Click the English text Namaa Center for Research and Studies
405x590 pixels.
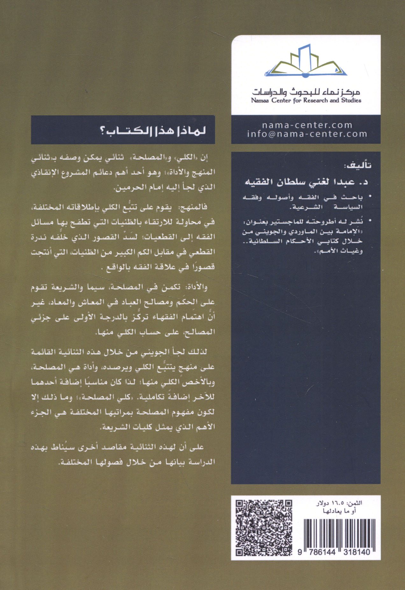click(x=306, y=101)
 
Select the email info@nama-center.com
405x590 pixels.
click(x=307, y=134)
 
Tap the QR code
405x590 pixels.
click(x=264, y=528)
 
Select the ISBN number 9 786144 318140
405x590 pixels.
click(x=334, y=552)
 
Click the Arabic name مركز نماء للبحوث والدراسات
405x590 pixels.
click(x=306, y=92)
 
